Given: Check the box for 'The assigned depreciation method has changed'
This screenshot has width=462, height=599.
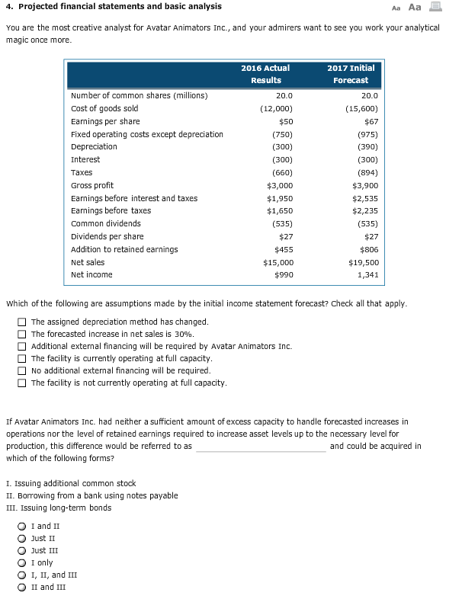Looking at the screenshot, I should coord(24,322).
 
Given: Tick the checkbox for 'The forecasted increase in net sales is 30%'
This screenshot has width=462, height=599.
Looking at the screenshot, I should coord(24,335).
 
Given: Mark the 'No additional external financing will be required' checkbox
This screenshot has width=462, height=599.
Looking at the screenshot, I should coord(24,371).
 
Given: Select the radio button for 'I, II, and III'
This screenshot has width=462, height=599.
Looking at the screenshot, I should coord(24,575).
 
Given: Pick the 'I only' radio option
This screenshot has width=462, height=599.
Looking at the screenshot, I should coord(24,563).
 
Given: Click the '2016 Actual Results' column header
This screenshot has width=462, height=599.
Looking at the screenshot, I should coord(265,74).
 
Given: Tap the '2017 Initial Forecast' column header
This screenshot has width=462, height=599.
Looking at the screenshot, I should coord(351,74).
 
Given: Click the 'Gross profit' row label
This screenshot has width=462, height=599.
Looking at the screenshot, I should coord(92,185).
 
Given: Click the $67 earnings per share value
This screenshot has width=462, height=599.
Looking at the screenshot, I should coord(371,121).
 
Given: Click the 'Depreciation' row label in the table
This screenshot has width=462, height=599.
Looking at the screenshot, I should coord(94,147).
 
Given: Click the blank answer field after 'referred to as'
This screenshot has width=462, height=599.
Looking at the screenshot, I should coord(261,446).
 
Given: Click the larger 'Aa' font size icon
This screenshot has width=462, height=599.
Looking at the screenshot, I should coord(415,7).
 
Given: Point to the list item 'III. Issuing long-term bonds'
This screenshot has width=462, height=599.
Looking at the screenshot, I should coord(58,508).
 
